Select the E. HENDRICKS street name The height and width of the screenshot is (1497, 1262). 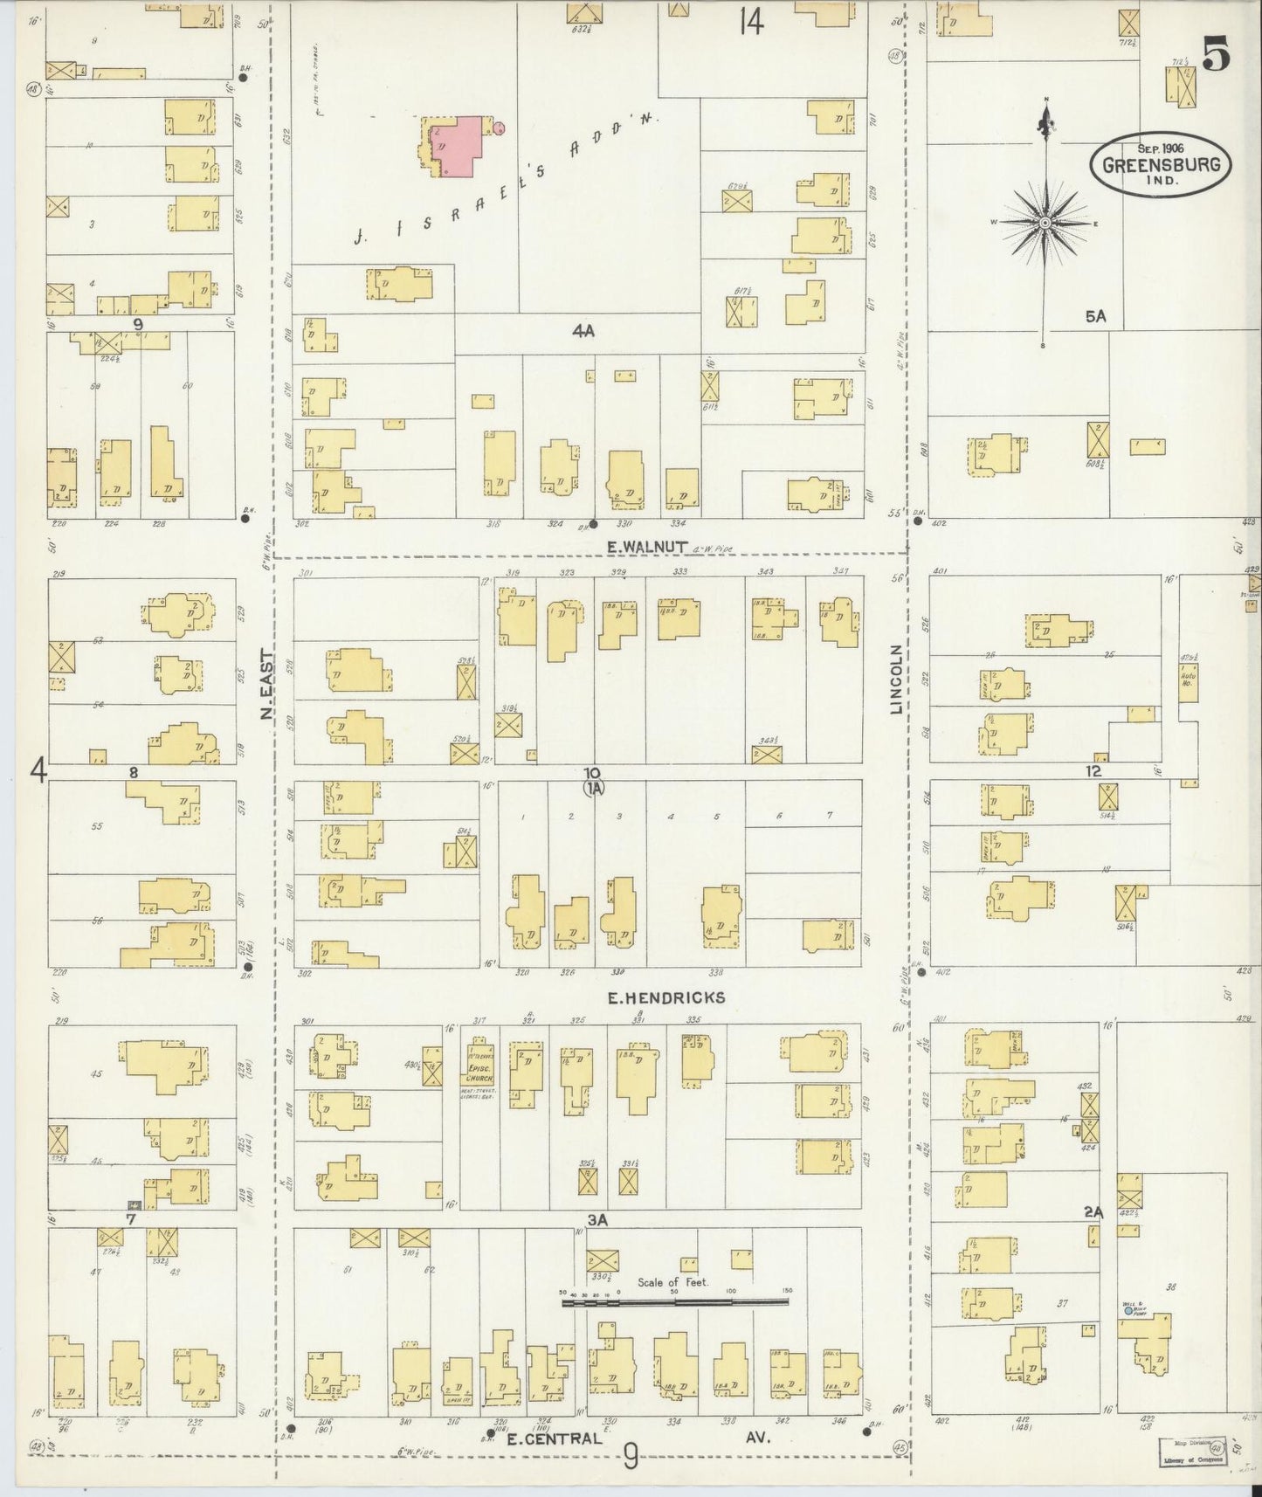coord(668,997)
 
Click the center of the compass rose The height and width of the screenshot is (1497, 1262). coord(1045,224)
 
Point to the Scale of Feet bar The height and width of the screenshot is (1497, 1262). coord(674,1301)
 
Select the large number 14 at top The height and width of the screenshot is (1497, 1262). coord(750,21)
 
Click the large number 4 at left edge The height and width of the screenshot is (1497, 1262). coord(38,770)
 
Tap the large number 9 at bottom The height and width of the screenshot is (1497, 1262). coord(631,1456)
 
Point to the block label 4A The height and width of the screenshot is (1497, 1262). coord(583,331)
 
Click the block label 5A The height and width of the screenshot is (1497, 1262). coord(1095,317)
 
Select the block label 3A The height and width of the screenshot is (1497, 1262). coord(597,1220)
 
